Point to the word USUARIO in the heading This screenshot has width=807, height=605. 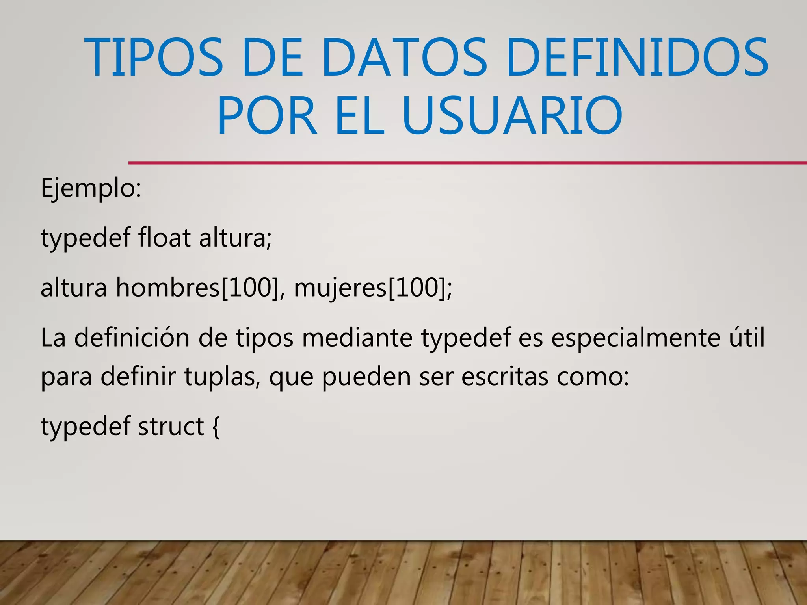click(512, 115)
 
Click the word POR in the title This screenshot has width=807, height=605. click(267, 115)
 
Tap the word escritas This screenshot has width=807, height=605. click(504, 376)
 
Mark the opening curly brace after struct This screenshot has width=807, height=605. click(216, 427)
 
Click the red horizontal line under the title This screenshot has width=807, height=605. click(467, 163)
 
